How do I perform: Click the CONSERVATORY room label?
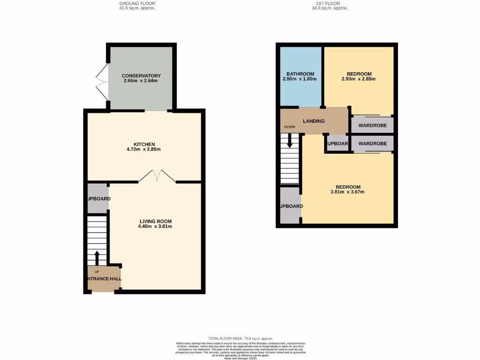pos(141,76)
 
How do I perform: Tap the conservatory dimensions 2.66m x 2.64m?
pos(141,81)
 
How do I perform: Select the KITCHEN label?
pos(144,144)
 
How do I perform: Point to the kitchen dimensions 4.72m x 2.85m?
pos(144,150)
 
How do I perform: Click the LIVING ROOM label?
pos(155,221)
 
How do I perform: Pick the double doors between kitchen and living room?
pos(157,177)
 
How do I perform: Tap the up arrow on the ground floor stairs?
pos(97,257)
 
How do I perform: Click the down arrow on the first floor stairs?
pos(290,141)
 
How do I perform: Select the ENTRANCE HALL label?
pos(104,278)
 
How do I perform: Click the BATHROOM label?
pos(300,74)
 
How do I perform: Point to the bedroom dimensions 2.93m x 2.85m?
pos(359,79)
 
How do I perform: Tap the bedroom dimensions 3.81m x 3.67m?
pos(347,192)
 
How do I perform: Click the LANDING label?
pos(314,121)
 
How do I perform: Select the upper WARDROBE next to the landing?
pos(372,125)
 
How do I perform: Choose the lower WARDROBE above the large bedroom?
pos(372,144)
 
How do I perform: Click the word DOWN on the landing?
pos(289,127)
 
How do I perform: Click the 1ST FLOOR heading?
pos(330,4)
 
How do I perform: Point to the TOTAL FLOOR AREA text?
pos(240,338)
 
